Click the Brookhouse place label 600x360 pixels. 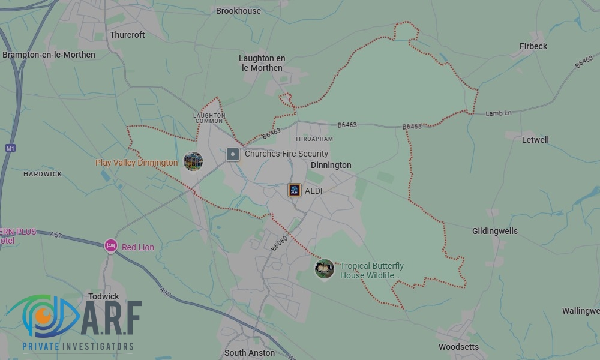click(x=238, y=11)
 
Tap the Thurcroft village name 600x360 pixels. click(x=127, y=35)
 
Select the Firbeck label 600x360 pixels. click(x=533, y=46)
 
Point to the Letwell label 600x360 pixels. click(x=535, y=140)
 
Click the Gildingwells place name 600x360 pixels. click(x=494, y=231)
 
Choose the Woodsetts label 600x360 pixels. click(x=458, y=347)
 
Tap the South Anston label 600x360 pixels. click(x=249, y=353)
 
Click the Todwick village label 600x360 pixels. click(x=104, y=296)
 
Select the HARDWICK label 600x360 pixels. click(x=43, y=174)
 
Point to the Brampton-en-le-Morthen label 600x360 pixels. click(x=49, y=55)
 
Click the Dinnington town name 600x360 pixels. click(x=331, y=165)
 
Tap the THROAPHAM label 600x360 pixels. click(x=314, y=139)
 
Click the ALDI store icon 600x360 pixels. click(x=294, y=190)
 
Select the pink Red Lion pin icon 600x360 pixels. click(x=110, y=245)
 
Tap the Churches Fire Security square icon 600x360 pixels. click(x=233, y=154)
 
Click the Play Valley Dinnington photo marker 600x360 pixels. click(x=193, y=161)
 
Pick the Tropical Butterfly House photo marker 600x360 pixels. click(x=325, y=269)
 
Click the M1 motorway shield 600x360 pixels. click(x=10, y=148)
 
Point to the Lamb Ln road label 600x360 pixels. click(x=498, y=113)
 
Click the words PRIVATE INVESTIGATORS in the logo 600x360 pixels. click(x=77, y=346)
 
